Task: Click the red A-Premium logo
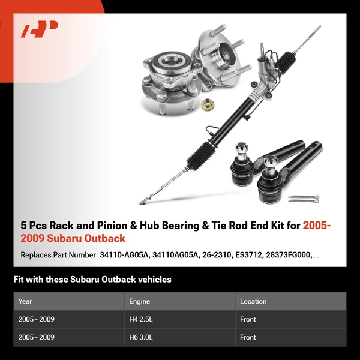(x=40, y=29)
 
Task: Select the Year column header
(x=25, y=301)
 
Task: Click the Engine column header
(x=139, y=301)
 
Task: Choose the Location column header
(x=253, y=301)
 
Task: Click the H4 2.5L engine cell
(x=142, y=319)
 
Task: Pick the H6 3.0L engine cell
(x=142, y=337)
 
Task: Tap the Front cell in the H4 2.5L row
(x=248, y=319)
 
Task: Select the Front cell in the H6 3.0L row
(x=248, y=337)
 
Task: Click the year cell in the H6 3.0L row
(x=37, y=337)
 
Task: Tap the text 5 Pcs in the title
(x=34, y=226)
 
